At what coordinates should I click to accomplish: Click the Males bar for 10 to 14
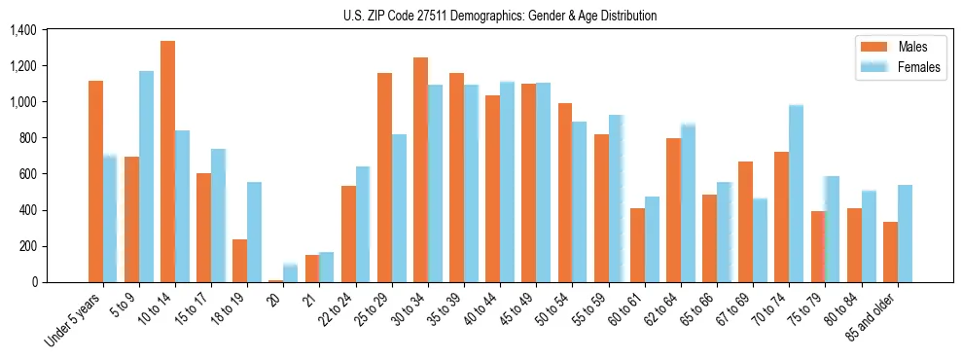(x=167, y=162)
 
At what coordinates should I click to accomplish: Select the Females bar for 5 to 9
(x=146, y=176)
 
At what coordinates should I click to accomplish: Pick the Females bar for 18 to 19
(x=254, y=232)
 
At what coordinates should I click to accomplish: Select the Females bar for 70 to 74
(x=796, y=194)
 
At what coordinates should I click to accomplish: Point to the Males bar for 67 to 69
(x=745, y=222)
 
